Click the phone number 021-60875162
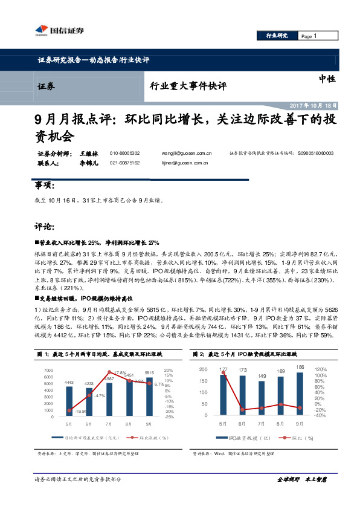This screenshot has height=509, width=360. point(124,163)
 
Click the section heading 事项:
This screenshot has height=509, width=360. point(44,185)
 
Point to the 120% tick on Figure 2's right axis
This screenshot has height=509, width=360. point(321,369)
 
